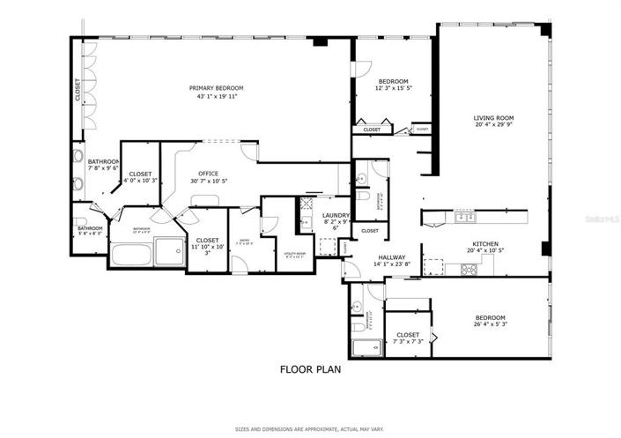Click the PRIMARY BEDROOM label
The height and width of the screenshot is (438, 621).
(x=216, y=88)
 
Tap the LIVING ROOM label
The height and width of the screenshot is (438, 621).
(x=493, y=118)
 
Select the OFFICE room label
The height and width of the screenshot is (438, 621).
(x=208, y=174)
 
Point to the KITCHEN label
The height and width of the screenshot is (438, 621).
(x=485, y=244)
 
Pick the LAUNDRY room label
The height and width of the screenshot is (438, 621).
(x=336, y=215)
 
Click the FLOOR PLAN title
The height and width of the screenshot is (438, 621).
(x=310, y=370)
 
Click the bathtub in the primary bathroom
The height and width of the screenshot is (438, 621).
(x=132, y=256)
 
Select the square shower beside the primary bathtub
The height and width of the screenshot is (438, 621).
(x=169, y=251)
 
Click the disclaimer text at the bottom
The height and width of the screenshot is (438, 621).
(x=310, y=429)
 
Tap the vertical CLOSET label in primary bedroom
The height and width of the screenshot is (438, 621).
(x=78, y=92)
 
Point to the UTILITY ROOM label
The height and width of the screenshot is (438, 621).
(x=293, y=254)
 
